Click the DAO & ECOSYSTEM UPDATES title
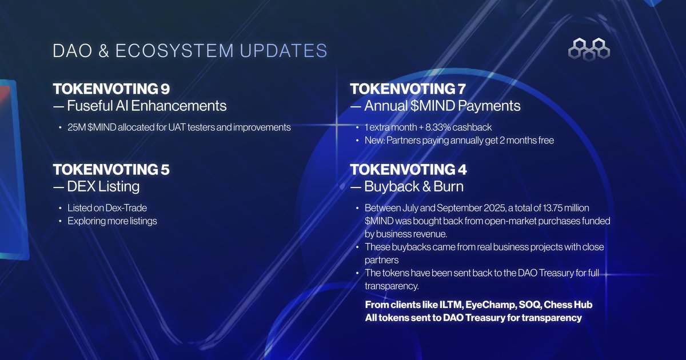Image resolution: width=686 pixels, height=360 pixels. point(190,50)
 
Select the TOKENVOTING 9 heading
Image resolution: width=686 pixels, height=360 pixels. point(111,89)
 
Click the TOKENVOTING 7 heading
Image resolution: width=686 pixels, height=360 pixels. point(407,89)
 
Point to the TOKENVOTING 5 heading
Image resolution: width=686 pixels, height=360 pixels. point(111,170)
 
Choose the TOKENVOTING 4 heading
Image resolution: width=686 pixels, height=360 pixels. point(408,170)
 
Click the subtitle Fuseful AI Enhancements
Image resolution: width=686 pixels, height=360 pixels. point(146,106)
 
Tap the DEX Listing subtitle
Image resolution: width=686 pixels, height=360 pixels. point(103,186)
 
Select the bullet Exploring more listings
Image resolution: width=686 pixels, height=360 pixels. point(112,221)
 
